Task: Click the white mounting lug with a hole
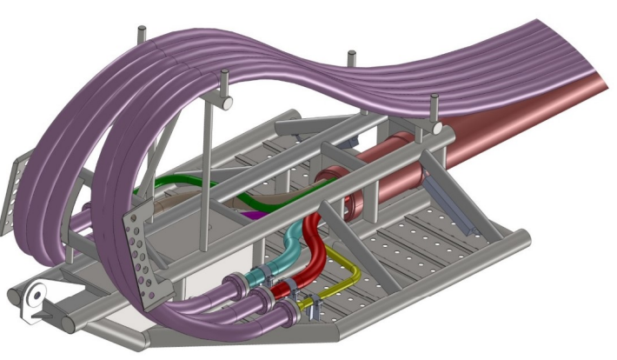tap(33, 300)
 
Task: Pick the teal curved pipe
tap(287, 252)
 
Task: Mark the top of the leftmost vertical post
tap(139, 32)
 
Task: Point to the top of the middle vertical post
tap(352, 57)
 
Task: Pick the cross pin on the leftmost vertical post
tap(223, 103)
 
